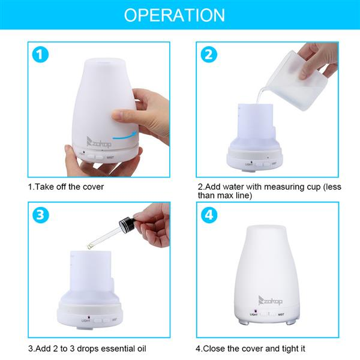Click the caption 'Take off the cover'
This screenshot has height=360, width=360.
point(66,187)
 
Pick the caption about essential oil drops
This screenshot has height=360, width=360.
point(87,348)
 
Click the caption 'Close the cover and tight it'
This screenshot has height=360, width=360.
point(251,348)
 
